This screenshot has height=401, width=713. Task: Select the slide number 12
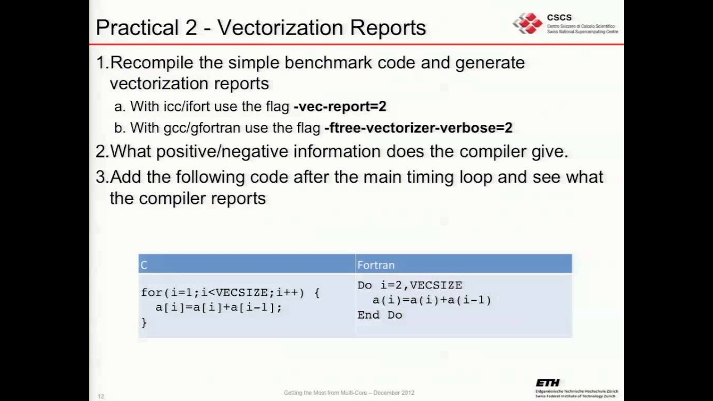pos(101,396)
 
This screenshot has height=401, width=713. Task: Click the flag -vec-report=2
pos(340,106)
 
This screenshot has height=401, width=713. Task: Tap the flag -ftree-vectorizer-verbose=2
pos(418,128)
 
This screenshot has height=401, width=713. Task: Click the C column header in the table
pos(144,265)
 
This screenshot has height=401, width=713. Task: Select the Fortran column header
pos(376,265)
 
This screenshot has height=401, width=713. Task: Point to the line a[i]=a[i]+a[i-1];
pos(219,307)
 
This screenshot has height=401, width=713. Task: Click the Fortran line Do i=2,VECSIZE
pos(410,285)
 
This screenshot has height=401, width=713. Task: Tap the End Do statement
pos(379,315)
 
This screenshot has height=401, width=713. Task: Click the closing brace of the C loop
pos(144,322)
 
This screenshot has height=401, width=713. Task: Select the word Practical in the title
pos(146,28)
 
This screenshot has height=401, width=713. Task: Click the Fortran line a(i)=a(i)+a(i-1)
pos(432,300)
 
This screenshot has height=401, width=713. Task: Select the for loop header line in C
pos(230,292)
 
